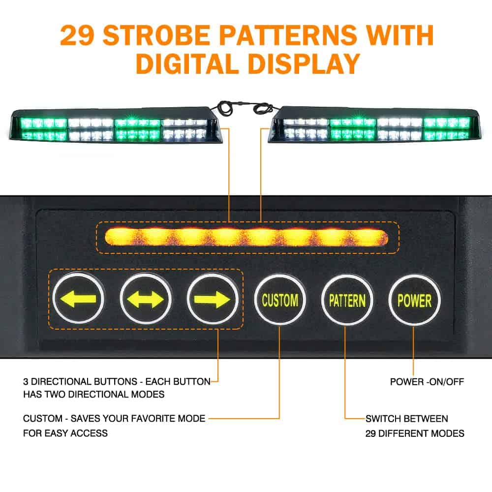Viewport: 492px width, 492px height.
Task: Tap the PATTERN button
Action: coord(347,300)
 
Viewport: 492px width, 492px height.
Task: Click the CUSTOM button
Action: coord(279,300)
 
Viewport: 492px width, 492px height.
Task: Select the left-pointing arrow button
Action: coord(78,299)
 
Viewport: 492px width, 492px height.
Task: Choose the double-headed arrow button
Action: coord(146,299)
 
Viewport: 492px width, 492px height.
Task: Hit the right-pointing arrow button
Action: coord(213,299)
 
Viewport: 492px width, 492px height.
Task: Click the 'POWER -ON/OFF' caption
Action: coord(427,381)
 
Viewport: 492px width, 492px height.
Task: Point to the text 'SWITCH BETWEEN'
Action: coord(406,419)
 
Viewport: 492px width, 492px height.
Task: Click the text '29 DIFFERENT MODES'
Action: coord(415,433)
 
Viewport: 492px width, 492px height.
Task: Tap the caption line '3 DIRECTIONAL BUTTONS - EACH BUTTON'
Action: coord(117,381)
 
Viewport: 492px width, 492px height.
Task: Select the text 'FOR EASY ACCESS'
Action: coord(65,433)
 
